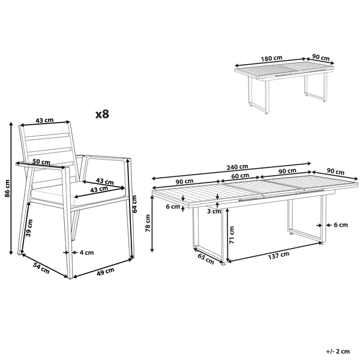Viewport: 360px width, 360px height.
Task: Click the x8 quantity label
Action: [102, 114]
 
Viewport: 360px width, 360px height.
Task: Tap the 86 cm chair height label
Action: [8, 188]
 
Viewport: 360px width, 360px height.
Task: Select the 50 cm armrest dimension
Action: [41, 161]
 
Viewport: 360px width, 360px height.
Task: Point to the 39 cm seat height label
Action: [29, 228]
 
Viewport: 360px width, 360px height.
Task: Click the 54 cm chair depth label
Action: [41, 268]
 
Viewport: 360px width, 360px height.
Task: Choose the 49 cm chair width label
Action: [106, 271]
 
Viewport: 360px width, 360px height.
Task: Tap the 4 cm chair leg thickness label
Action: [86, 253]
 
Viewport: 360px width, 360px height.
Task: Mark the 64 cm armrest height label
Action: [134, 204]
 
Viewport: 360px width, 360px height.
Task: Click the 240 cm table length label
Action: [237, 167]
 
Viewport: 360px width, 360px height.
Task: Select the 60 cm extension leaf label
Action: [240, 176]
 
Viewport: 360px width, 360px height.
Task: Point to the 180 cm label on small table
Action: [271, 58]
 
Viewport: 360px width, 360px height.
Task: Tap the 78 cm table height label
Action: [148, 223]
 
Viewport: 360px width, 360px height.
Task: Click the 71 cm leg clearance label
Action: [232, 235]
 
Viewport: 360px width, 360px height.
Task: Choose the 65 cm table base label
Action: [206, 259]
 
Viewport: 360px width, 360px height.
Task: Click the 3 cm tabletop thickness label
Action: [214, 211]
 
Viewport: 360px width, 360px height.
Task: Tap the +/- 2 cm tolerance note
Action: [338, 351]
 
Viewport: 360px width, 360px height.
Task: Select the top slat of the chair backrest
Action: [47, 136]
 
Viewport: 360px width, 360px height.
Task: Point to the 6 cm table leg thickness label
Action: [341, 225]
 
